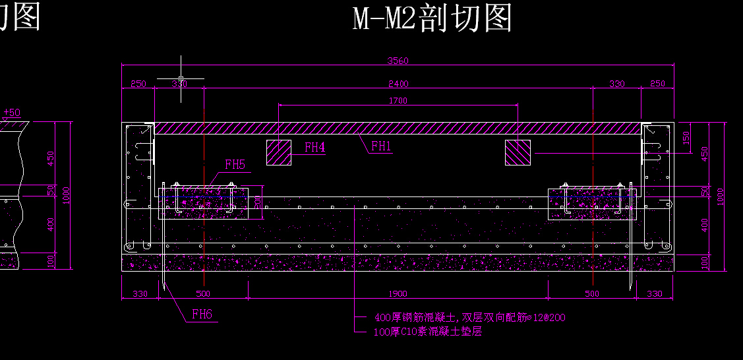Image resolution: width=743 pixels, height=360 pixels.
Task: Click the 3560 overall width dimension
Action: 398,61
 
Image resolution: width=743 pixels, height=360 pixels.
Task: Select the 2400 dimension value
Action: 398,84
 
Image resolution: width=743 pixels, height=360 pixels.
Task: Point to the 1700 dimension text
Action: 398,101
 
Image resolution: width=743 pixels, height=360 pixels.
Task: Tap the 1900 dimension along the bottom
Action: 398,294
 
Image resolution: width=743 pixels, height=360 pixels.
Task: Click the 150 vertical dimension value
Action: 686,138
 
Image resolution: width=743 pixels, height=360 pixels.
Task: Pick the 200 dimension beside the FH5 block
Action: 258,201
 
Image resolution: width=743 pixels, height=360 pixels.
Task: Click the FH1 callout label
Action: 382,146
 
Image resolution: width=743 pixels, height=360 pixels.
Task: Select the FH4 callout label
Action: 314,147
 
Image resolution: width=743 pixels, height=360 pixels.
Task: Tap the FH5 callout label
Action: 235,165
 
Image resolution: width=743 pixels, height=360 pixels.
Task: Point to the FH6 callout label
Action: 202,315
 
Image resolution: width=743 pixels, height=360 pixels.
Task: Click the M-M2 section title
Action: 432,18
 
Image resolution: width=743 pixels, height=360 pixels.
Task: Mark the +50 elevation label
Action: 12,113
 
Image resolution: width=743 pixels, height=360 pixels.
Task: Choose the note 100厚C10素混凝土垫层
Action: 427,332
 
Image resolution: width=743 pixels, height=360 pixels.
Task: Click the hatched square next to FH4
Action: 278,152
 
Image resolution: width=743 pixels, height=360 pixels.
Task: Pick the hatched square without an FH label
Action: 518,152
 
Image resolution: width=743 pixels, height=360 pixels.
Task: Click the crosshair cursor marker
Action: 181,78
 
